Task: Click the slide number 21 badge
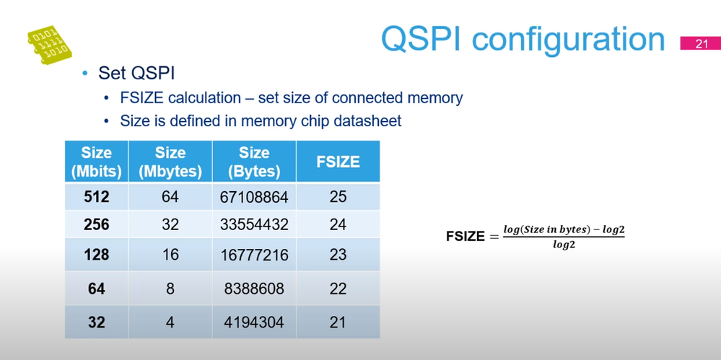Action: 702,43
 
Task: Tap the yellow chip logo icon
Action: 48,45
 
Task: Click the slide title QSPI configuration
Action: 523,38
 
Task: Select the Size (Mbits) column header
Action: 96,162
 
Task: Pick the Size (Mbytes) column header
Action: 170,162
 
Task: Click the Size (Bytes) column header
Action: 254,162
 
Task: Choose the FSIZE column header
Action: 338,162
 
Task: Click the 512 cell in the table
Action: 96,197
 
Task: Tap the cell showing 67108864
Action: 254,197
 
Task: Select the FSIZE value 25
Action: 338,197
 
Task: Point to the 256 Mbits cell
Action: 96,224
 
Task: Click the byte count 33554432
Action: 254,224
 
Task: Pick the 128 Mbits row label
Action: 96,255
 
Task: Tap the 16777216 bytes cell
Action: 254,255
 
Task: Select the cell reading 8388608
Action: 254,289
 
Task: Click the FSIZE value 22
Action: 338,289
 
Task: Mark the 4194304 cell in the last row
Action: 254,322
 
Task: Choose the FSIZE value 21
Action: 338,322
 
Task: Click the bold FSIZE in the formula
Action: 466,237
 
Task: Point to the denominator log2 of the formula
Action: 564,246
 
